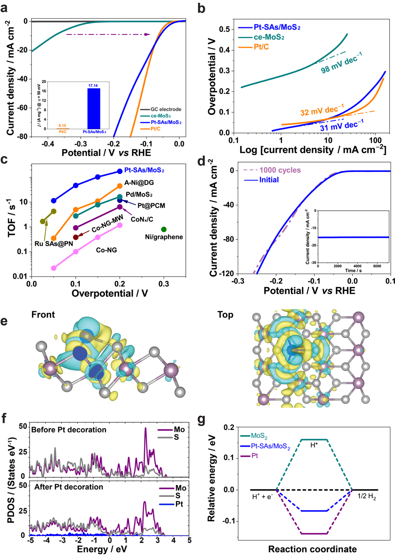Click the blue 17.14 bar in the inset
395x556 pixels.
click(x=93, y=108)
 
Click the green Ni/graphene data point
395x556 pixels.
click(x=164, y=229)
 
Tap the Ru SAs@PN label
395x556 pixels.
click(x=53, y=244)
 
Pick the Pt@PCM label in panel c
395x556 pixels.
click(x=151, y=206)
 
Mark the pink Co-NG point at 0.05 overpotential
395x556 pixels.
click(x=54, y=268)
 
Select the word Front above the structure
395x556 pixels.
click(x=43, y=315)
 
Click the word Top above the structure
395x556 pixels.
click(x=225, y=315)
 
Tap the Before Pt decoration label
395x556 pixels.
click(x=69, y=430)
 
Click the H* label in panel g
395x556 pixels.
click(x=314, y=445)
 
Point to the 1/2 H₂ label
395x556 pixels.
click(x=366, y=496)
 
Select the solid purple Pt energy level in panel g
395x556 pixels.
click(x=314, y=534)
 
